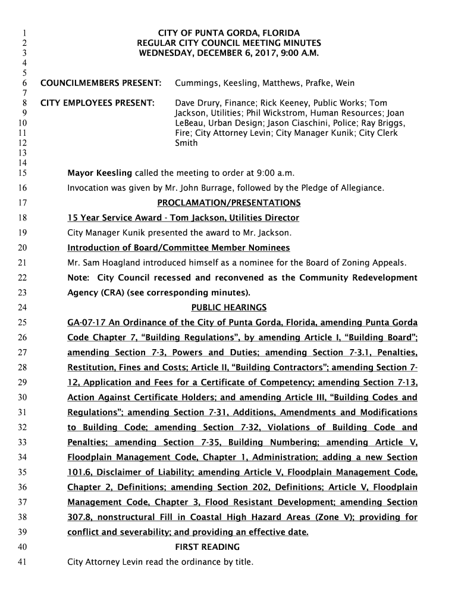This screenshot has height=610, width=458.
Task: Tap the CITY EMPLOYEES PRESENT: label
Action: click(97, 103)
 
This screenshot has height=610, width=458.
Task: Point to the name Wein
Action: click(345, 83)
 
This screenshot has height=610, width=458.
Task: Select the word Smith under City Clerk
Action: click(186, 144)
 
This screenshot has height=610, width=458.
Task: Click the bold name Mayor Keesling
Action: click(100, 173)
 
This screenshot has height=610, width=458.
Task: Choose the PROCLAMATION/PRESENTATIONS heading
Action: click(229, 203)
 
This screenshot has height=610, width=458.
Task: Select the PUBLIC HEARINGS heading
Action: click(229, 307)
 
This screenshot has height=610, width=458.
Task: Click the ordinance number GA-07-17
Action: click(86, 323)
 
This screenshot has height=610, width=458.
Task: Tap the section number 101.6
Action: click(79, 472)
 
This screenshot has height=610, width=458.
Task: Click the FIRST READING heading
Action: click(208, 547)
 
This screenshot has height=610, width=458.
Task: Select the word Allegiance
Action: click(360, 188)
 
